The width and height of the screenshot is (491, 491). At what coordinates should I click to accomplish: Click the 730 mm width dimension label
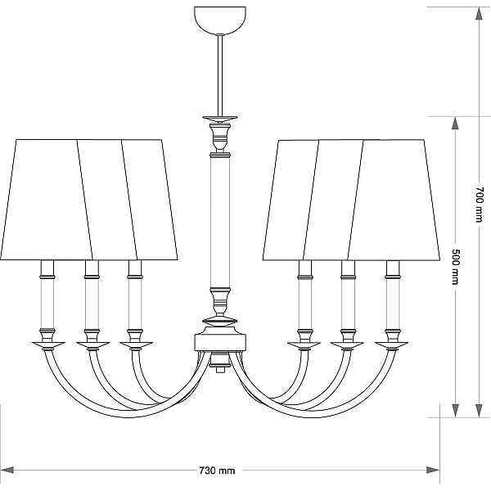(217, 471)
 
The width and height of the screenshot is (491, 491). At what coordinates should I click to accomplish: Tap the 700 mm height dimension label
(479, 205)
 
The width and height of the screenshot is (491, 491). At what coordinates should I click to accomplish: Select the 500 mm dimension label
(456, 267)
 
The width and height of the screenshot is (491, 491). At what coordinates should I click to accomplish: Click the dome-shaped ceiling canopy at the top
(220, 20)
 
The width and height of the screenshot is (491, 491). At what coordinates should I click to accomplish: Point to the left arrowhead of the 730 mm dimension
(7, 470)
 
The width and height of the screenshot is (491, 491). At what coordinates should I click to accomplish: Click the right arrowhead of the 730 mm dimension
(433, 470)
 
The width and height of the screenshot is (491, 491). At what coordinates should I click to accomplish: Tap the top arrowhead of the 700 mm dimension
(479, 13)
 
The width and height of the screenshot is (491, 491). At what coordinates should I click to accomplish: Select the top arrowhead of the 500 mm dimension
(455, 123)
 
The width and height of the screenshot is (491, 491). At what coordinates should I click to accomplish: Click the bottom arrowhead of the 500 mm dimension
(455, 411)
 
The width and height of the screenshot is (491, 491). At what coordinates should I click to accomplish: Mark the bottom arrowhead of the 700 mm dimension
(479, 411)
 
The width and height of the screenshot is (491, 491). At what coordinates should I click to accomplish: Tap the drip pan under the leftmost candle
(48, 345)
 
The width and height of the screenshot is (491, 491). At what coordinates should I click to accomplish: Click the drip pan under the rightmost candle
(391, 345)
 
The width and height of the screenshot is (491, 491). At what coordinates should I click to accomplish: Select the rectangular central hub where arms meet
(220, 342)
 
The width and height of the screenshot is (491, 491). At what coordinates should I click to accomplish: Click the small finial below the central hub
(220, 363)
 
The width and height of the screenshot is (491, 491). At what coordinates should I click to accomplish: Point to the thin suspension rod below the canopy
(220, 75)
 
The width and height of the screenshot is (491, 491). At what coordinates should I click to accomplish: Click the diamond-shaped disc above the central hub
(220, 321)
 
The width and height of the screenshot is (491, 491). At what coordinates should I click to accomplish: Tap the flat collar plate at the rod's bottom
(220, 118)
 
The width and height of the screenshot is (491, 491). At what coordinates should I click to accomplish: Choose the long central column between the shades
(220, 222)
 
